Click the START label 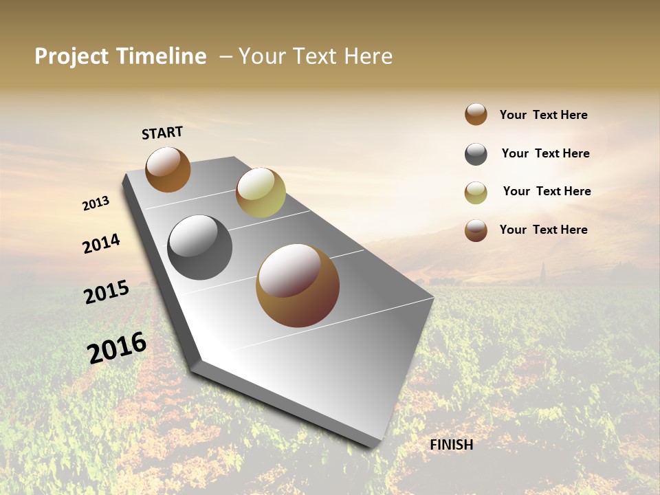point(162,133)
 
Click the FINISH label point(451,445)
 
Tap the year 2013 point(96,203)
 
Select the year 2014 point(101,243)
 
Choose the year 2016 point(117,348)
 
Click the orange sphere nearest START point(168,169)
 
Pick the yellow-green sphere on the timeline point(261,192)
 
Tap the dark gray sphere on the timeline point(199,247)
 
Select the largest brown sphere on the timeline point(298,285)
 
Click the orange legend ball point(476,114)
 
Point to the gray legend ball point(476,154)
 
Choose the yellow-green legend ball point(476,192)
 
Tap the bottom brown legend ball point(476,230)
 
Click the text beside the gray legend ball point(545,153)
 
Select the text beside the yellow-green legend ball point(547,191)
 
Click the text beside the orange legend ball point(543,115)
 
